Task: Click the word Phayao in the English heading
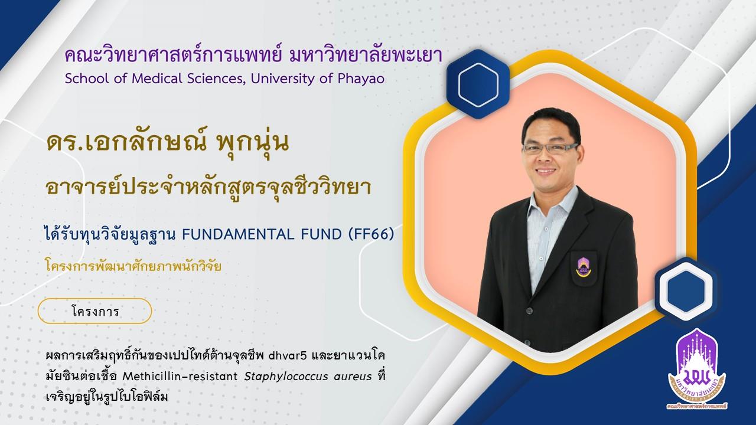[x=361, y=79]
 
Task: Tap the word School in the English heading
[x=84, y=79]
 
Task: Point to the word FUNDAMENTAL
[x=238, y=234]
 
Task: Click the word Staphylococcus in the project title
[x=286, y=377]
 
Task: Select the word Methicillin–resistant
[x=180, y=376]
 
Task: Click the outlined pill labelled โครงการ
[x=95, y=311]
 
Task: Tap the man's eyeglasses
[x=550, y=148]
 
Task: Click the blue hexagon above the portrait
[x=478, y=84]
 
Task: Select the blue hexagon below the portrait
[x=686, y=291]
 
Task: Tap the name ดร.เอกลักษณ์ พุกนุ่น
[x=168, y=143]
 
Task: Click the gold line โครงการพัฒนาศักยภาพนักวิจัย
[x=133, y=266]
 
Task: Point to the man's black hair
[x=551, y=123]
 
